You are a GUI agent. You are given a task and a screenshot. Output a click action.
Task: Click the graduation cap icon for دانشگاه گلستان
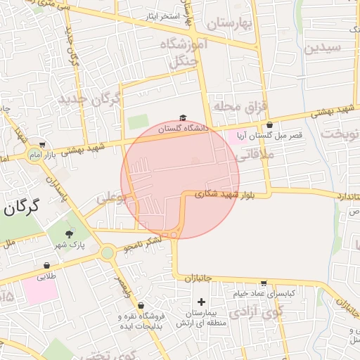183,118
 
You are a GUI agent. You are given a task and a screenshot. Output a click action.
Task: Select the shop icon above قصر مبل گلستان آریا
269,124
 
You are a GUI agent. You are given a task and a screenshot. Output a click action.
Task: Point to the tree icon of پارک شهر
68,234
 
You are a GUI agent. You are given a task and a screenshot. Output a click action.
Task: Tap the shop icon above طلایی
46,265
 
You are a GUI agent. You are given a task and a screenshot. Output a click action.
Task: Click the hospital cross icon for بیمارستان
202,302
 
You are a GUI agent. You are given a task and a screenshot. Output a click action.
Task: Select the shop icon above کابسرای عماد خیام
264,283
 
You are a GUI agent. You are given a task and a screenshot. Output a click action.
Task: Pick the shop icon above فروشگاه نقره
141,305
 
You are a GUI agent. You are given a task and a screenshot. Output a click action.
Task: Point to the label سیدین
323,49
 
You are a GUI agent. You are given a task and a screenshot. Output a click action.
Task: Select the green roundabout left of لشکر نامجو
107,252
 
